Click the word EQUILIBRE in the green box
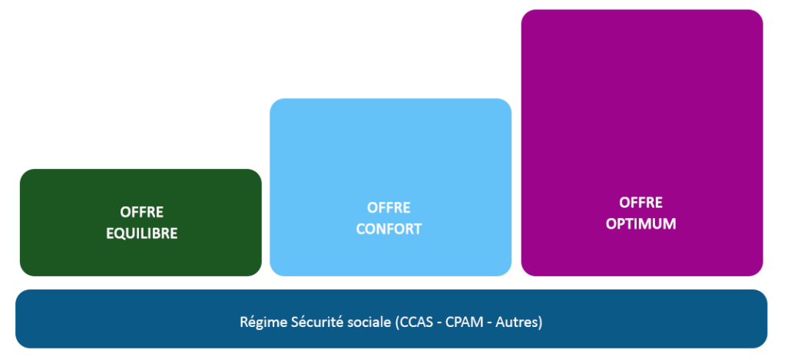point(141,233)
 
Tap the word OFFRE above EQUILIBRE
point(141,212)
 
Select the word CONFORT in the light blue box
point(389,229)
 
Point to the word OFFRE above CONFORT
point(389,208)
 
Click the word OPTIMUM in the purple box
point(642,225)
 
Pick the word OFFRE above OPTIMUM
point(641,203)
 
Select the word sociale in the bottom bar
point(367,322)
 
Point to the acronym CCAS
point(413,322)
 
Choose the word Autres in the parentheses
point(516,322)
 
